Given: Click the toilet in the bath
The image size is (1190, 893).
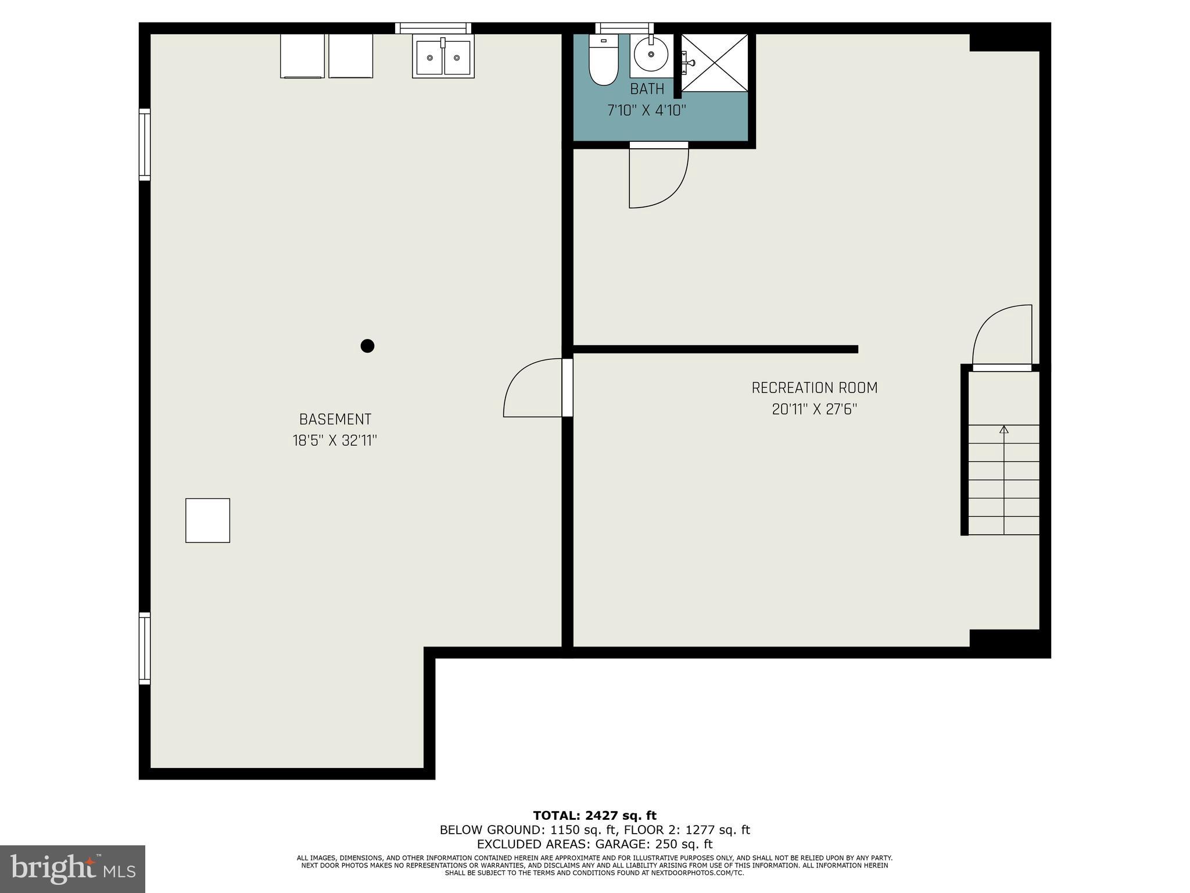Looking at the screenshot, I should (603, 61).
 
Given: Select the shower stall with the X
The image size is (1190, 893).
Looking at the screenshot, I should (715, 62).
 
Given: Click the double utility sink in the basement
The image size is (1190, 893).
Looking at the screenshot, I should (443, 56).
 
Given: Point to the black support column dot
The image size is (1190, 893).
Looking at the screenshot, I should (367, 346).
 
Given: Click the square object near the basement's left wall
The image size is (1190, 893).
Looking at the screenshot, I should (207, 520).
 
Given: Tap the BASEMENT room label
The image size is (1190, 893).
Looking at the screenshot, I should (335, 419).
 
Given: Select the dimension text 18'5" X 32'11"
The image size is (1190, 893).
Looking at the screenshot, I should (335, 441).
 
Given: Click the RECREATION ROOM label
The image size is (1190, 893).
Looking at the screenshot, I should (814, 388).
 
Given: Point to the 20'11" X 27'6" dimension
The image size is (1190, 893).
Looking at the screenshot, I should (814, 409).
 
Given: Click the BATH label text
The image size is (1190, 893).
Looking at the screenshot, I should (647, 89).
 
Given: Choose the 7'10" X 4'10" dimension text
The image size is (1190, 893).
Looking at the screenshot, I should (647, 110).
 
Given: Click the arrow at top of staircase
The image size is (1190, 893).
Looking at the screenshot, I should (1003, 430).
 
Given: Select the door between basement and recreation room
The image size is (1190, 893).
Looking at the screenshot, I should (535, 390).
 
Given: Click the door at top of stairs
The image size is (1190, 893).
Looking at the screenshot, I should (1002, 337).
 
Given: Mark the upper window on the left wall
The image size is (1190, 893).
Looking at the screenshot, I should (144, 144).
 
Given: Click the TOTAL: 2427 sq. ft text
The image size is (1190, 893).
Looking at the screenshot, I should (594, 816).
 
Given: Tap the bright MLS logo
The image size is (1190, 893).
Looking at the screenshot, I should (72, 869).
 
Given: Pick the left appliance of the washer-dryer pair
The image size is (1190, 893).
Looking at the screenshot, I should (302, 56).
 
